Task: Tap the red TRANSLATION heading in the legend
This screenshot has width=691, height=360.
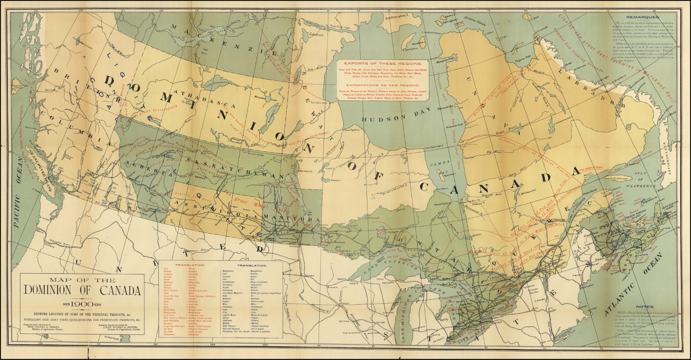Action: click(187, 265)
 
